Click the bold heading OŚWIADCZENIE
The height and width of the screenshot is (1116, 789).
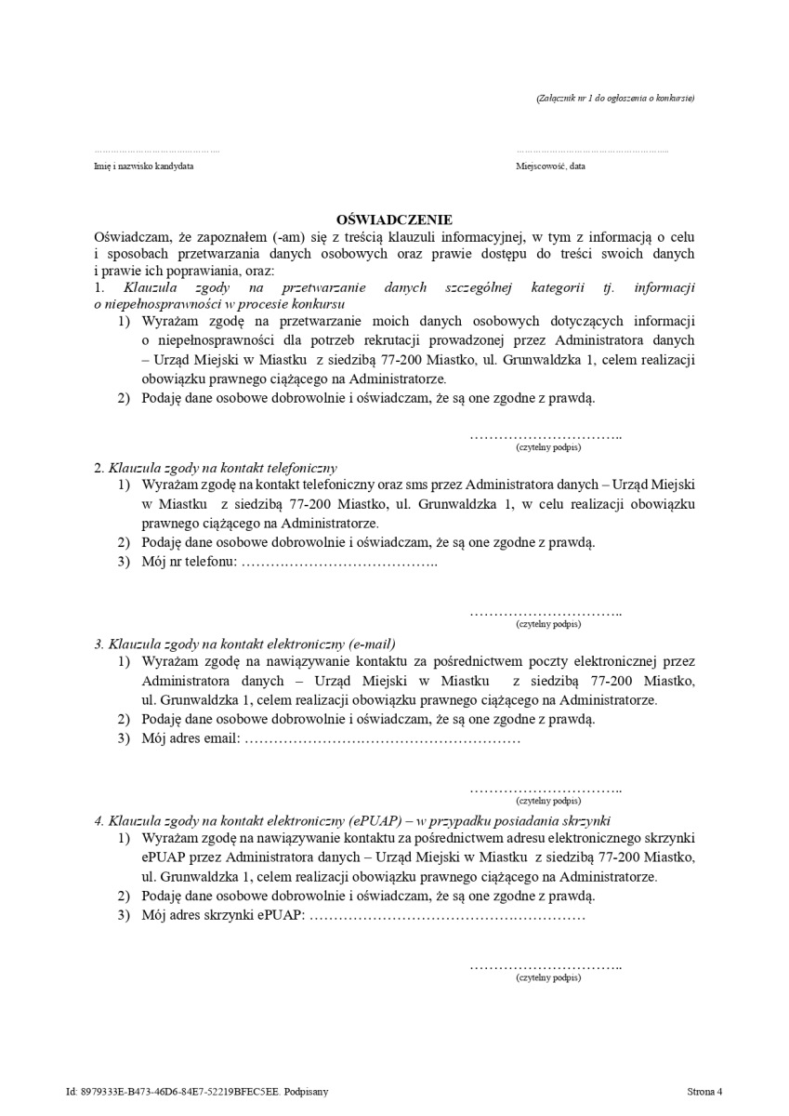(394, 219)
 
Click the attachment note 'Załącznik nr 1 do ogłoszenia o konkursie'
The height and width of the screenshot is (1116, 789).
(615, 98)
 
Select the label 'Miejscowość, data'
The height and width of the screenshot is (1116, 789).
(551, 166)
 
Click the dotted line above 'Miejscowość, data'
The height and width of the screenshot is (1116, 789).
(592, 151)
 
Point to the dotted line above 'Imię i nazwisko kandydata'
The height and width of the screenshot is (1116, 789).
(157, 151)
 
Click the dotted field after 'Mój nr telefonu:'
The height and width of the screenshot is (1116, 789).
(339, 563)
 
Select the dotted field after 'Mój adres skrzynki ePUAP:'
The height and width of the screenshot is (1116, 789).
(446, 916)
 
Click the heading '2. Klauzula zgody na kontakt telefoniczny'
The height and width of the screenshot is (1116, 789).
(216, 467)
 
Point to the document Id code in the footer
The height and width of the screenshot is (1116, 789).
(172, 1092)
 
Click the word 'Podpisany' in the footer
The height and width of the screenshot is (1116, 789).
(307, 1092)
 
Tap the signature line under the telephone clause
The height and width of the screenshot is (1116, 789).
(546, 613)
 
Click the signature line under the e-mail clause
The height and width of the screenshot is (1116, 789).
(546, 790)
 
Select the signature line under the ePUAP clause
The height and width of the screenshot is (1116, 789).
(546, 967)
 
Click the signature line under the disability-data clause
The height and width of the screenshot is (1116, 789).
(546, 436)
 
